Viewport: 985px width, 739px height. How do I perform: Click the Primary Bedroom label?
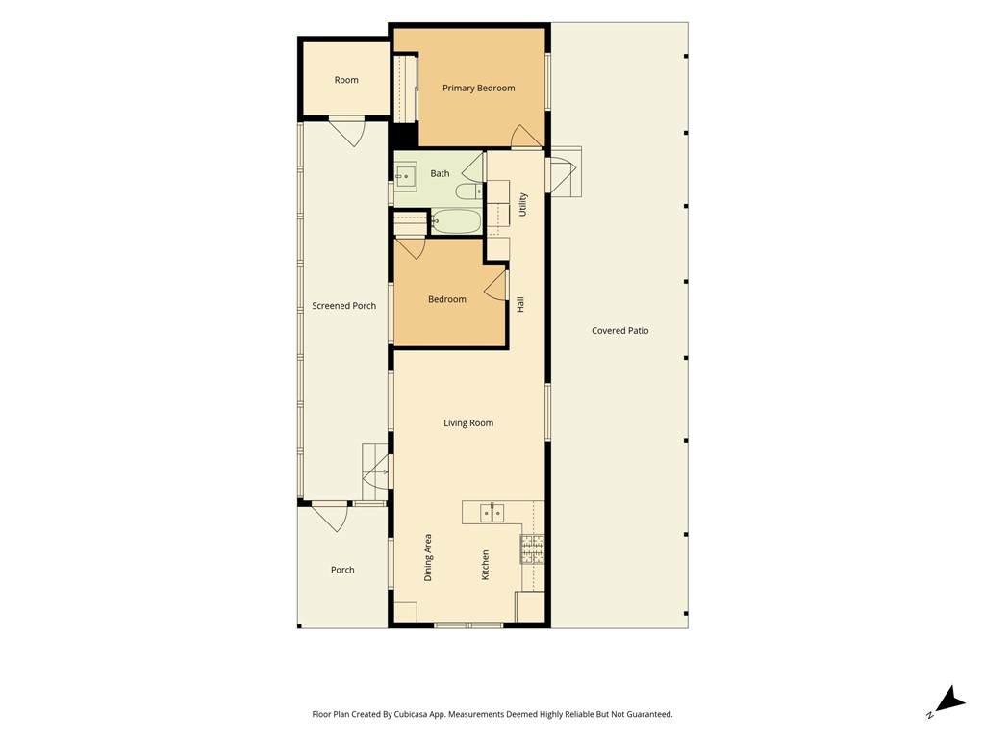(x=479, y=88)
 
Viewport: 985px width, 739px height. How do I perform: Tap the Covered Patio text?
(x=620, y=331)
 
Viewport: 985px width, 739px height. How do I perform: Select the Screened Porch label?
(x=344, y=306)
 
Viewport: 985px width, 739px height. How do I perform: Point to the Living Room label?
(x=468, y=423)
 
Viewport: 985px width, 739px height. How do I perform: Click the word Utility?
(x=522, y=205)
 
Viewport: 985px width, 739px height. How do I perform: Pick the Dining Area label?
(x=428, y=557)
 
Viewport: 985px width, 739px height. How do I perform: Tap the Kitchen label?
(x=485, y=565)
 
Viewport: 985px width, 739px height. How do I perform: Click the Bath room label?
(x=440, y=173)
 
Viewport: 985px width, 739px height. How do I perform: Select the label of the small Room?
(x=346, y=80)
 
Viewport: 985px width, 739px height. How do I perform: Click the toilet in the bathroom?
(x=469, y=191)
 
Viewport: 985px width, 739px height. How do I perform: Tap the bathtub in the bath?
(x=455, y=221)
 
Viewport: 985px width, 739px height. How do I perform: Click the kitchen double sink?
(x=492, y=514)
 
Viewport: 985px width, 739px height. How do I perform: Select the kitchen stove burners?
(x=532, y=549)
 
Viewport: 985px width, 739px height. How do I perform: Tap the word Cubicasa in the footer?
(x=413, y=715)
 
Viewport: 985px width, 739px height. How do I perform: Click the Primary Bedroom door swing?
(x=526, y=136)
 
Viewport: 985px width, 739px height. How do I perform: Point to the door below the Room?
(x=347, y=131)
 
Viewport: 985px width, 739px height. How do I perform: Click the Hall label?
(x=520, y=305)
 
